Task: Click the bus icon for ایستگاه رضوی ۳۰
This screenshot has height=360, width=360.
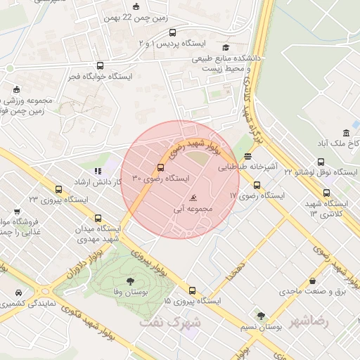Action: click(161, 168)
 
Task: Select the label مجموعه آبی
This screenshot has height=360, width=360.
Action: click(193, 209)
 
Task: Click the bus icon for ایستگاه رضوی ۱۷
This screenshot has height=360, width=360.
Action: click(257, 186)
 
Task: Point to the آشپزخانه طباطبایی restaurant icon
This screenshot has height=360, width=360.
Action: click(247, 157)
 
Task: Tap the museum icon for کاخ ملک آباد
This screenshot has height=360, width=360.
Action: click(346, 134)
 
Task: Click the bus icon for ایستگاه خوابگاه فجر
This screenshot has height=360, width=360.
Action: click(99, 65)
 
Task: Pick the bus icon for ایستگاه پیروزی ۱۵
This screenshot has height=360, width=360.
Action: click(193, 290)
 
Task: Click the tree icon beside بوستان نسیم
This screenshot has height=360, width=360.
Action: click(262, 316)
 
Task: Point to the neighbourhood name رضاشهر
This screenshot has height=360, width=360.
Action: click(313, 320)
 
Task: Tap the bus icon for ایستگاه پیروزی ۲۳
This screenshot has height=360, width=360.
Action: click(58, 189)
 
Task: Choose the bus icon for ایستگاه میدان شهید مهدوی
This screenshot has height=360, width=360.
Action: click(98, 219)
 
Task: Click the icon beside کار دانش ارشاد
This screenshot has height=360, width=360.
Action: click(98, 171)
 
